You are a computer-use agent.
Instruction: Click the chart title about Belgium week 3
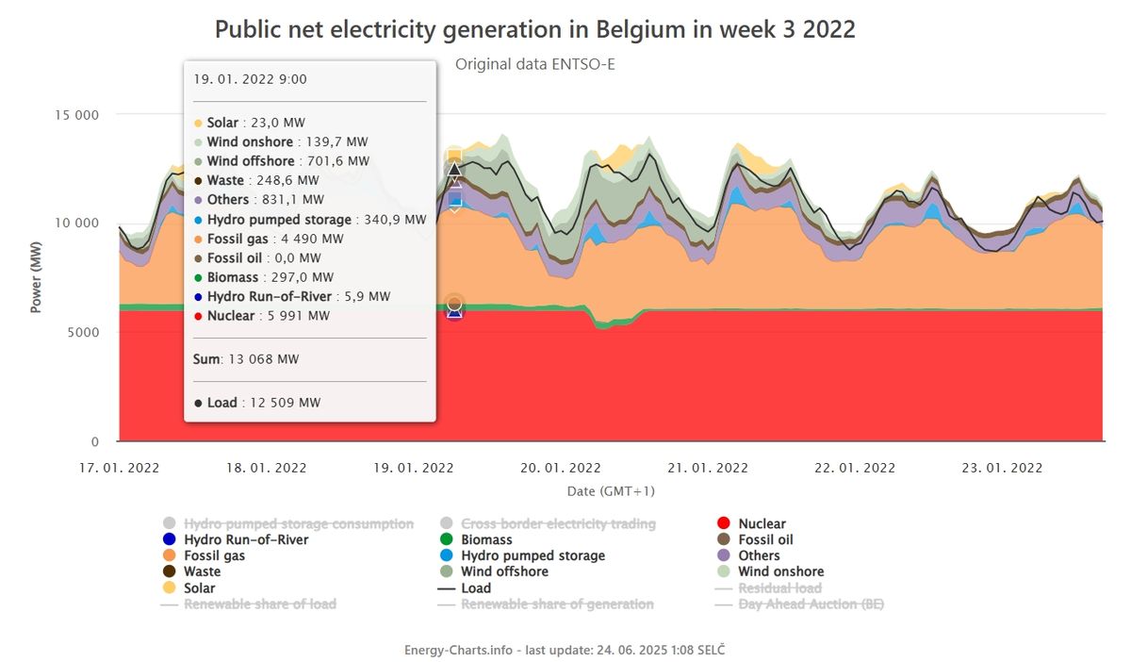[534, 29]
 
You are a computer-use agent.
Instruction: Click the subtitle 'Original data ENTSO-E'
[534, 64]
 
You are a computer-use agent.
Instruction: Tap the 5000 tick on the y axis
[84, 332]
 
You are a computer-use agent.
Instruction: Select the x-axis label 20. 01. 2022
[560, 468]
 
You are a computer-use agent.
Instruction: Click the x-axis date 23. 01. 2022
[1002, 468]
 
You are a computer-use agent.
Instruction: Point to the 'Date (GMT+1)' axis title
[611, 491]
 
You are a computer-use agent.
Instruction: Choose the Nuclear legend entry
[762, 523]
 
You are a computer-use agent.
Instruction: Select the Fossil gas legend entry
[214, 555]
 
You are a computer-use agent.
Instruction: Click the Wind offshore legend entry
[504, 571]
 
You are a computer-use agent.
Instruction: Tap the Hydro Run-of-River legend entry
[245, 539]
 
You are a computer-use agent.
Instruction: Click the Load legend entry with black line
[476, 588]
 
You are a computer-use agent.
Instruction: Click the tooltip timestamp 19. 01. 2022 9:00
[250, 79]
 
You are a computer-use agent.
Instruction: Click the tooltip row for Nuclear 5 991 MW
[269, 316]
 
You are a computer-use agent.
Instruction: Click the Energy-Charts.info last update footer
[565, 650]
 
